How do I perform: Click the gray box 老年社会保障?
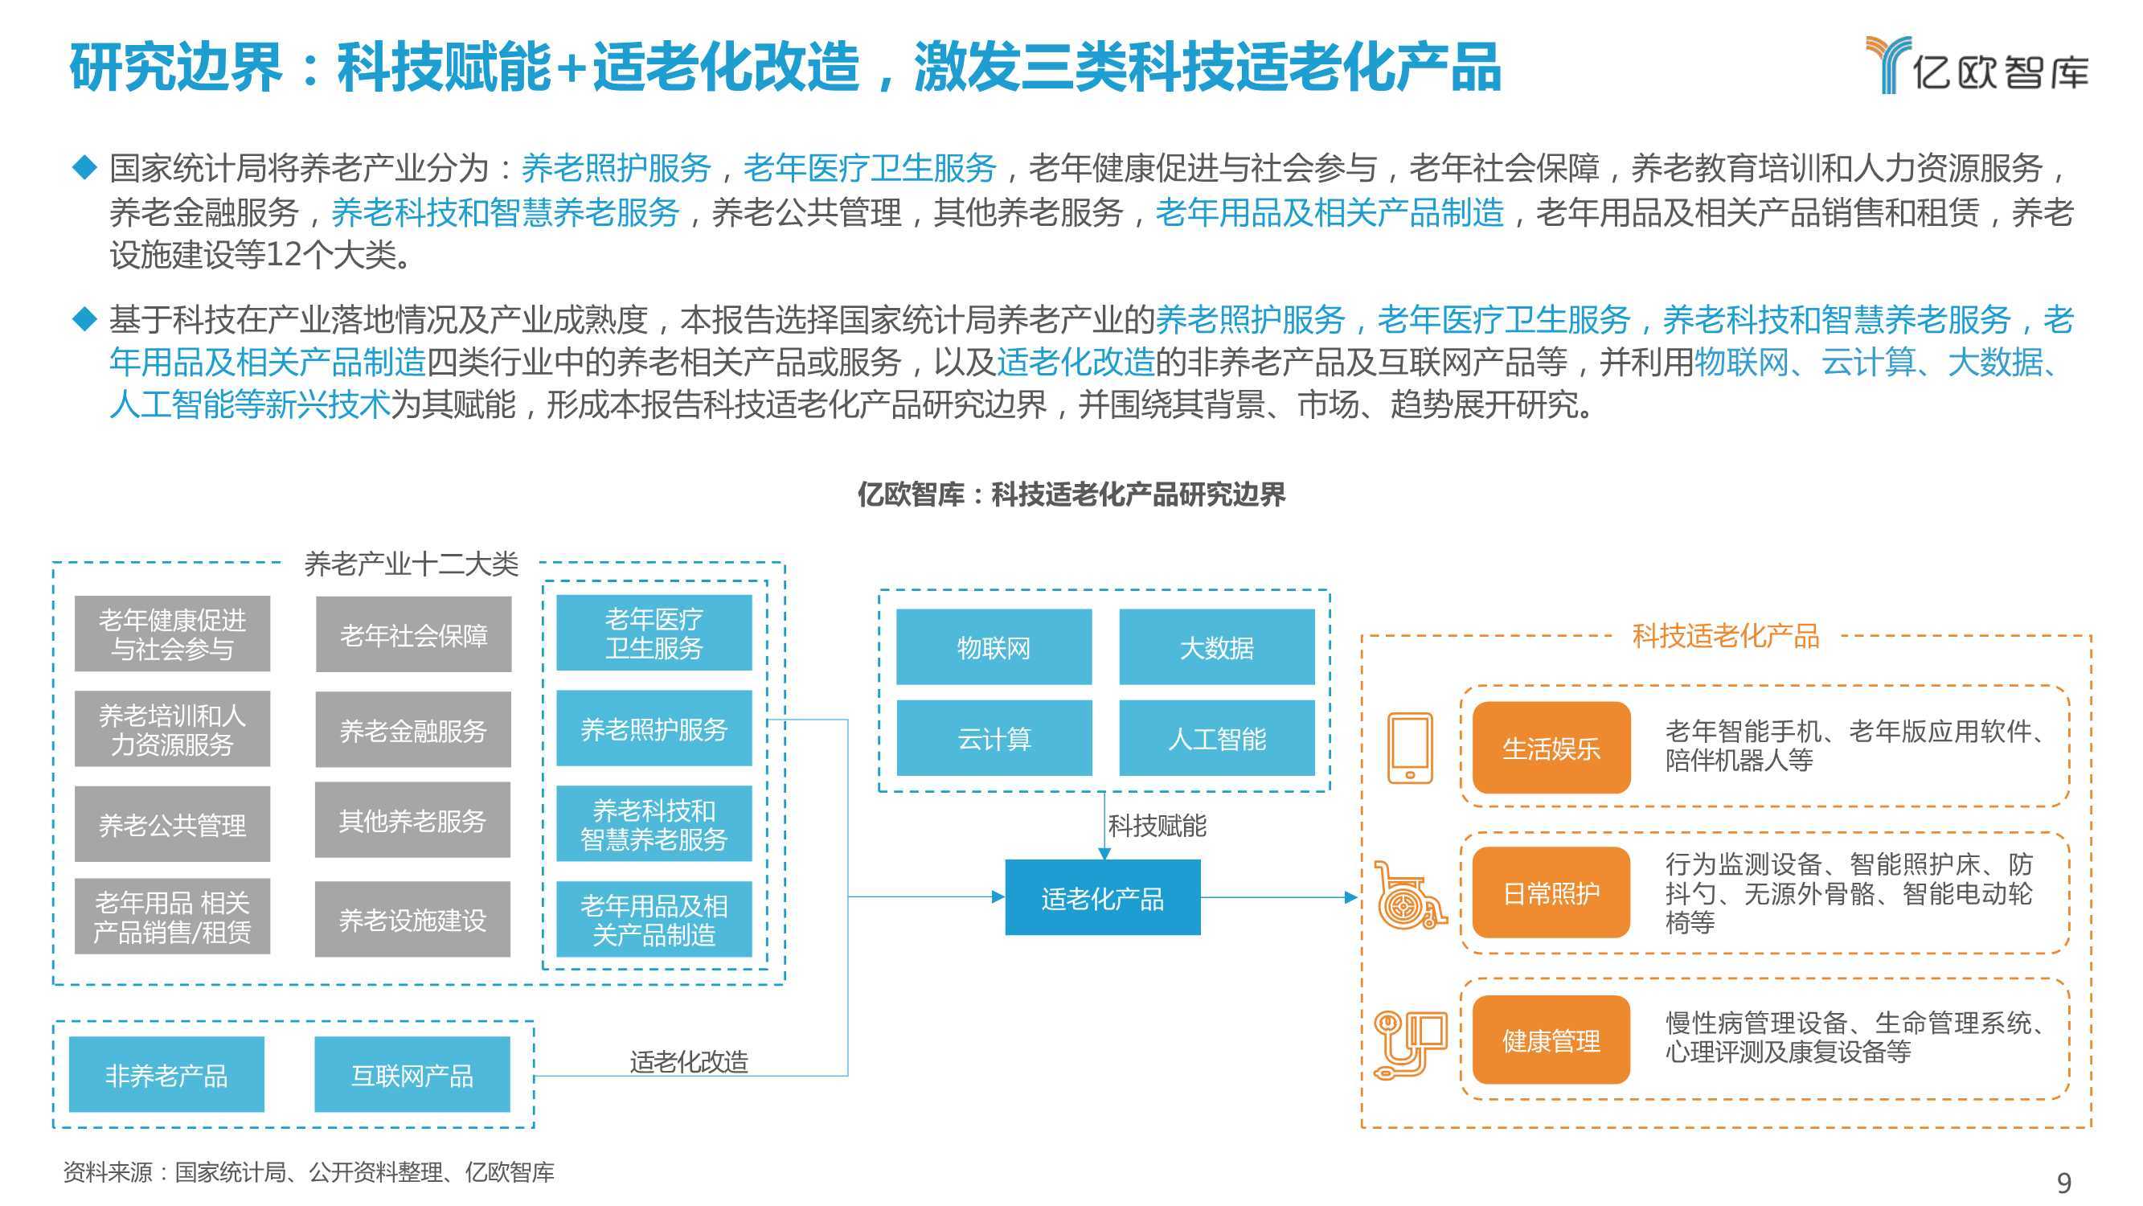click(x=413, y=634)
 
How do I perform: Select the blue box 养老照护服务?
click(x=654, y=728)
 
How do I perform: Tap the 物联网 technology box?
click(x=994, y=646)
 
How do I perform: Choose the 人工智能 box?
click(x=1217, y=737)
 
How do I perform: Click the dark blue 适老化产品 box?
click(x=1102, y=897)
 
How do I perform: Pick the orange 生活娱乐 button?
click(x=1551, y=748)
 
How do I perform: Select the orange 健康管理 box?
click(x=1551, y=1040)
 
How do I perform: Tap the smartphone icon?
click(x=1410, y=748)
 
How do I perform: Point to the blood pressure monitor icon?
click(x=1410, y=1044)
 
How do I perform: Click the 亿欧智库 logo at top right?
click(x=1976, y=65)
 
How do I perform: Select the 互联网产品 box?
click(x=412, y=1074)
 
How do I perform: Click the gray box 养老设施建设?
click(x=412, y=919)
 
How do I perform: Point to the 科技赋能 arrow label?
click(x=1157, y=826)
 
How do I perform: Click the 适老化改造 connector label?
click(x=689, y=1061)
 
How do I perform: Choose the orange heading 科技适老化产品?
click(x=1725, y=636)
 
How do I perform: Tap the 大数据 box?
click(x=1217, y=646)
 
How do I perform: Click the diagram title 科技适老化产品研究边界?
click(x=1071, y=494)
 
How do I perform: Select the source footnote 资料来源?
click(x=309, y=1172)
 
